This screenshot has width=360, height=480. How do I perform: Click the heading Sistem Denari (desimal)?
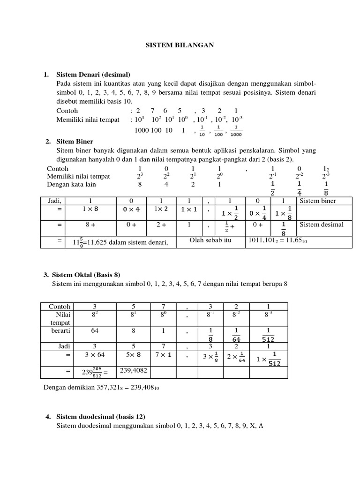click(x=93, y=75)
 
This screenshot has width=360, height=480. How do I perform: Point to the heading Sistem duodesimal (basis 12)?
click(x=100, y=417)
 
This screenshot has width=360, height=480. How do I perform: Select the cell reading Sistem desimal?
click(x=321, y=225)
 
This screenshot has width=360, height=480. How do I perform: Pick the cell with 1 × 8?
click(x=91, y=210)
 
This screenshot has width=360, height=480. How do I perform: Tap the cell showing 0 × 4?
click(x=131, y=210)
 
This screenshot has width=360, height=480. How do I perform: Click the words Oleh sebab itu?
click(x=211, y=240)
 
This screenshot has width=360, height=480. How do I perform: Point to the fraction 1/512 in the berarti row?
click(x=268, y=337)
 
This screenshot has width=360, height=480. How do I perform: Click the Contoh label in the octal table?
click(x=59, y=307)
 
